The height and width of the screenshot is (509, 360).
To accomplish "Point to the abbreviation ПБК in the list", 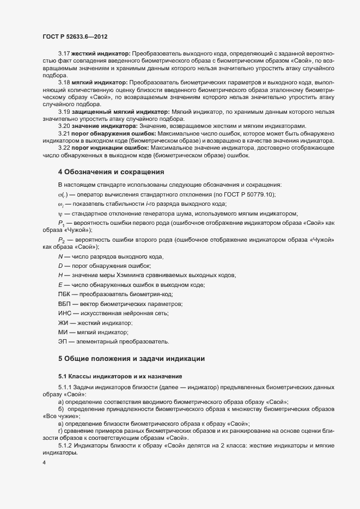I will click(64, 295).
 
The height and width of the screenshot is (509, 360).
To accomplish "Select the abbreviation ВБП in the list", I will click(64, 304).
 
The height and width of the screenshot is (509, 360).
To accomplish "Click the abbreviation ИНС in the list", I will click(64, 313).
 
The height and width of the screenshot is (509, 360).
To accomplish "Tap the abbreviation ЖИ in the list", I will click(63, 323).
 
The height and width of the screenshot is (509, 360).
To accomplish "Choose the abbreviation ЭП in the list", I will click(63, 341).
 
